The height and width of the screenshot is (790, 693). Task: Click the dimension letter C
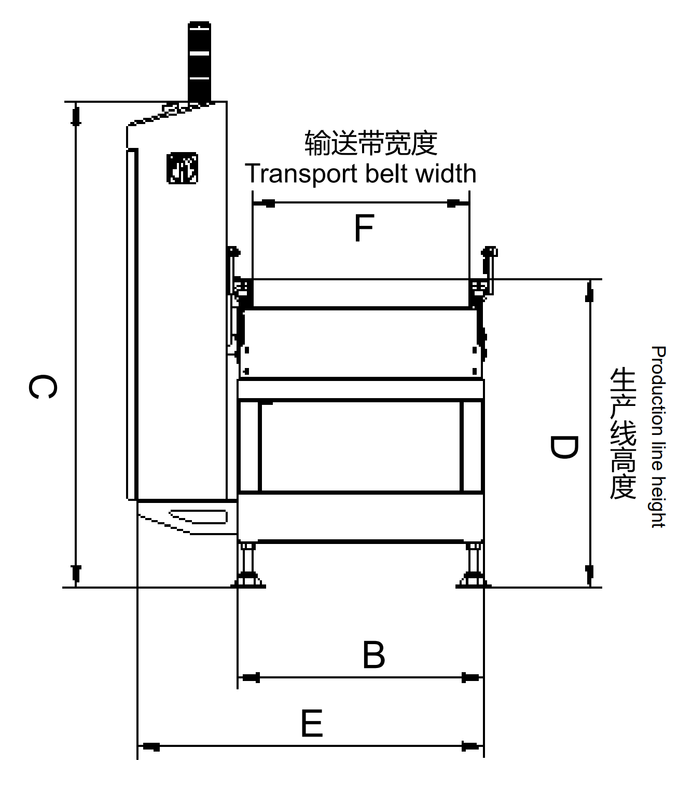point(43,387)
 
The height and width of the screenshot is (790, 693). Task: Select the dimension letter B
point(373,655)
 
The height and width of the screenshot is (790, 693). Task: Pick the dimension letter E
point(312,724)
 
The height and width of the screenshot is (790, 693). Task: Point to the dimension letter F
point(364,228)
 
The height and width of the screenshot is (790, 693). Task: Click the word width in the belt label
point(446,174)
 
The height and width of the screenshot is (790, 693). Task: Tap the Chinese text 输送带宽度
point(371,143)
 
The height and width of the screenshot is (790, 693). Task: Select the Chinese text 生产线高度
point(623,433)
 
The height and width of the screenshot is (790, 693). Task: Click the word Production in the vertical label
point(658,391)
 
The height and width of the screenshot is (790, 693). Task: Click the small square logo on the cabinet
point(182,168)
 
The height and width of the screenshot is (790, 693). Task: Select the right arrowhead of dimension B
point(470,677)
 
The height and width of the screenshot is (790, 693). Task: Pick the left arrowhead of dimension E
point(151,746)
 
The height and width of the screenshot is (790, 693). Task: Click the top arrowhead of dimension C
point(76,115)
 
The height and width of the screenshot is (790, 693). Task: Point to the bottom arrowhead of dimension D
point(589,573)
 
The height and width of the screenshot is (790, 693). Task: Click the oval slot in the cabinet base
point(199,516)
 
